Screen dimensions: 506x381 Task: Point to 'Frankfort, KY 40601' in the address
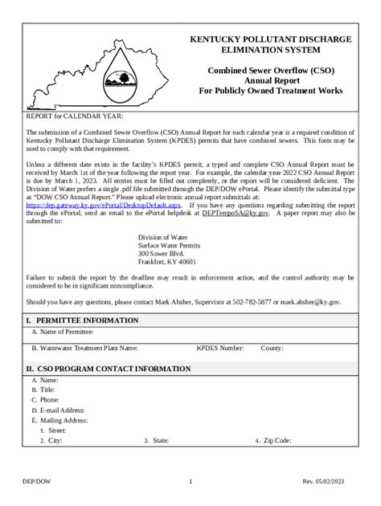(x=166, y=262)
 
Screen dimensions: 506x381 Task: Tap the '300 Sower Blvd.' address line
(x=162, y=253)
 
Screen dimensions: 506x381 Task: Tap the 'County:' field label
(x=272, y=349)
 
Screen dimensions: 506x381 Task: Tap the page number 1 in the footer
(x=190, y=482)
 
